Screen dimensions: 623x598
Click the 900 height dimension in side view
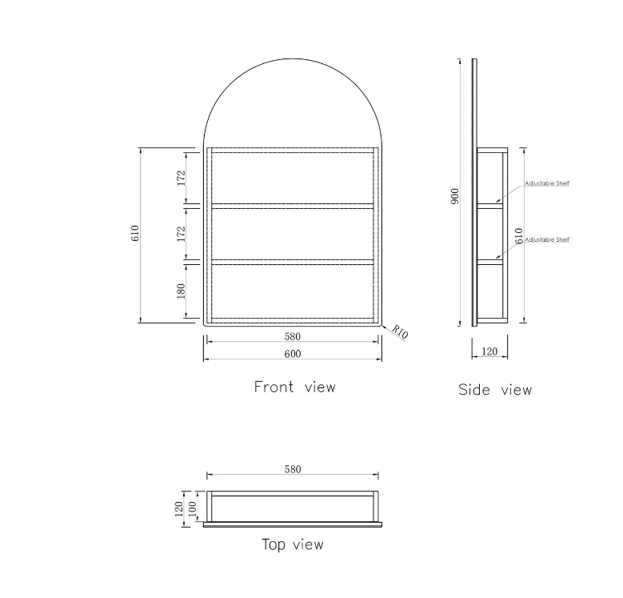coord(455,196)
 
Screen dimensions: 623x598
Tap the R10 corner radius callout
coord(400,331)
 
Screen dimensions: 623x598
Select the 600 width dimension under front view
coord(293,354)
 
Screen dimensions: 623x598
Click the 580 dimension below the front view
coord(293,337)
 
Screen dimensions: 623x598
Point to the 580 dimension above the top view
coord(293,470)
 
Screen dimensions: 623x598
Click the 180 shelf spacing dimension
coord(182,291)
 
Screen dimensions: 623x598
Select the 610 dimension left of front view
coord(135,233)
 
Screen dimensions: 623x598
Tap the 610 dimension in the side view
coord(519,236)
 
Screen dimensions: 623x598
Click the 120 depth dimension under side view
coord(489,351)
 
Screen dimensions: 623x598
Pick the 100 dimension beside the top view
coord(192,508)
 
